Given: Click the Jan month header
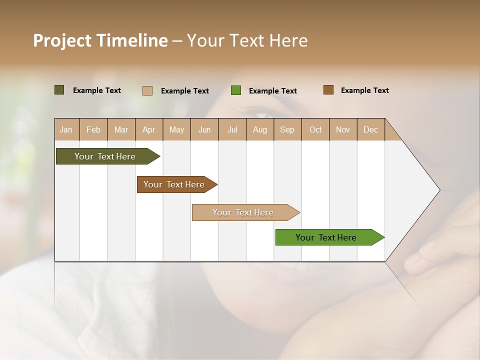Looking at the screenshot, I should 66,129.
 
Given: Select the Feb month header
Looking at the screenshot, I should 93,129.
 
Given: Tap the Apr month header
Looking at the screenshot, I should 149,129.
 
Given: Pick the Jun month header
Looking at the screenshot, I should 204,129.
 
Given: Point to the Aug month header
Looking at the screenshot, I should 260,129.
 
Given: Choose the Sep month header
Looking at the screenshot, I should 287,129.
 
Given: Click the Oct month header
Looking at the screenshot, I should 315,129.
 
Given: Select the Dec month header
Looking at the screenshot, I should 371,129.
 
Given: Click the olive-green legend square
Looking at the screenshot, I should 59,90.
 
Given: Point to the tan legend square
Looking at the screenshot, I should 147,90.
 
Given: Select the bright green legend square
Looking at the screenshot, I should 236,90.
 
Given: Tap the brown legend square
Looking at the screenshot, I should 328,90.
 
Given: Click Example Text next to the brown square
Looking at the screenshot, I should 364,90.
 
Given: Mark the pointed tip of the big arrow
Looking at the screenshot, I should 439,189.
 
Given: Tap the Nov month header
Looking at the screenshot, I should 343,129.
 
